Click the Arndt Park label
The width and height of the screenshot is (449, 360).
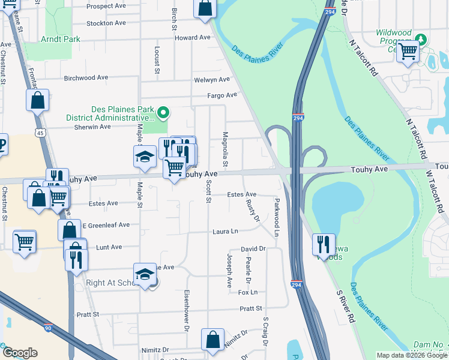point(60,39)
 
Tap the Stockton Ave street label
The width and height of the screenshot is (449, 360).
point(106,23)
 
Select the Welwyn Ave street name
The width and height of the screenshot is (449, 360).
point(212,80)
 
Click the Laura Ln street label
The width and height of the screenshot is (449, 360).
point(226,231)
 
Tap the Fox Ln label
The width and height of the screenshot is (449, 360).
point(247,292)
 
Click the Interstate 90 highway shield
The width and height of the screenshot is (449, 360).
point(48,328)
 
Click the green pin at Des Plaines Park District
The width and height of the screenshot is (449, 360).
point(162,112)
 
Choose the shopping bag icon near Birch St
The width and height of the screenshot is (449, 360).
point(205,8)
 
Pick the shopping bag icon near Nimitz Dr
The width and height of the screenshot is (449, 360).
point(212,339)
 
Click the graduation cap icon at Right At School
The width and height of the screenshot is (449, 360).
point(144,274)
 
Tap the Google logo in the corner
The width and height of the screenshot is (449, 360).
point(20,353)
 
